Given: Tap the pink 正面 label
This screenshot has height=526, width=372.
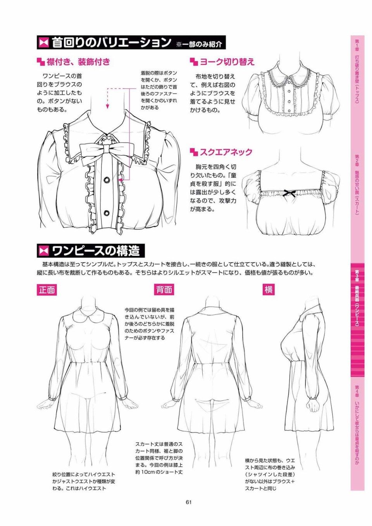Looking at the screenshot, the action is pos(47,290).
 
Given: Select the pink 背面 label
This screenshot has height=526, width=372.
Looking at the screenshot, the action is pos(164,290).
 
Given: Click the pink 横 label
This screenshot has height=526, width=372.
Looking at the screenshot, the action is pos(269,290).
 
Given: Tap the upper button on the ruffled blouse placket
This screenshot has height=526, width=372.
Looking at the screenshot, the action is pos(107,180).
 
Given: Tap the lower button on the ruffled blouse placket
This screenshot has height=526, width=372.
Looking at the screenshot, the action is pos(107,213).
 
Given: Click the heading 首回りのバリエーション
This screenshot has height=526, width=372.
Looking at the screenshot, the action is pos(111,43).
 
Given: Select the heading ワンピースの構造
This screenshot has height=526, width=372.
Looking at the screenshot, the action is pos(95,251).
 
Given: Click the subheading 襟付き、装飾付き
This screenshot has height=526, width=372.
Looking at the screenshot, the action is pos(78,62).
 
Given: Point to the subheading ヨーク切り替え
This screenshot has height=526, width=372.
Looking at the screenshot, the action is pos(227,62).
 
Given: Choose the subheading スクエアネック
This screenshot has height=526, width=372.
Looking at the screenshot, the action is pos(226,152).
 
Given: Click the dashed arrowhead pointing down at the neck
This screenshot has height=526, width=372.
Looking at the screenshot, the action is pos(107,107).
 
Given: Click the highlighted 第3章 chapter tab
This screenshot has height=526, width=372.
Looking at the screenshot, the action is pos(357,303).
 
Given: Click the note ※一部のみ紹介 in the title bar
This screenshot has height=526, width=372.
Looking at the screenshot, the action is pos(199,44).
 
